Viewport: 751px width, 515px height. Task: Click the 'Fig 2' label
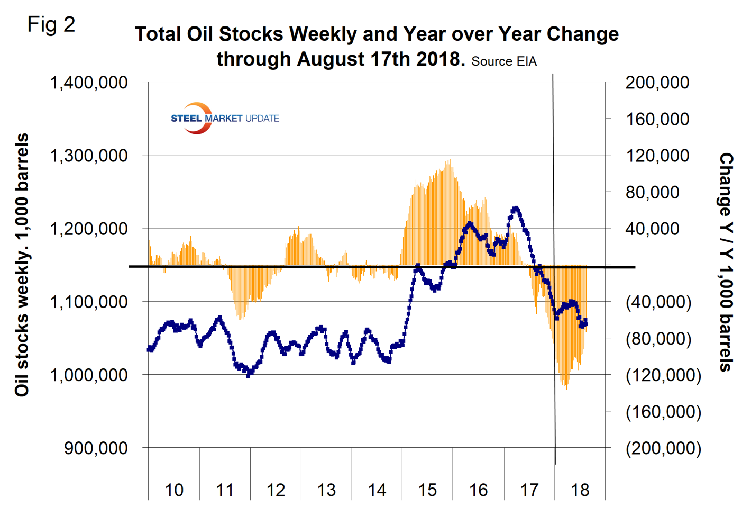[x=51, y=24]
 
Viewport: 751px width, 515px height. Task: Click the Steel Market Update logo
[x=225, y=118]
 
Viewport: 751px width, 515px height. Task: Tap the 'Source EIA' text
[x=503, y=61]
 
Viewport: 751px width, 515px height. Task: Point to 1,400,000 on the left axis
[x=89, y=83]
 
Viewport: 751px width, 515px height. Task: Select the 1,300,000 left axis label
[x=89, y=156]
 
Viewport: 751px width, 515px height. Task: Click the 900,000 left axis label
[x=96, y=448]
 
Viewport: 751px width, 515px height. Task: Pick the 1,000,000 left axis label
[x=89, y=375]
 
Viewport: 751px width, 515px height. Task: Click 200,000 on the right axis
[x=657, y=83]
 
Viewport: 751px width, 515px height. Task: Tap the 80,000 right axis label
[x=652, y=192]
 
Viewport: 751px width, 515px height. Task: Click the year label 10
[x=174, y=490]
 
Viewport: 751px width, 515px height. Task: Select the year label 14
[x=377, y=490]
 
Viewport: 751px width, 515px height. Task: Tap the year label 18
[x=580, y=490]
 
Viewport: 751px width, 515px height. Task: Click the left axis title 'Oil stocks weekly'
[x=22, y=265]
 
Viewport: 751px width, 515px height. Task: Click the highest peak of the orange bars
[x=450, y=160]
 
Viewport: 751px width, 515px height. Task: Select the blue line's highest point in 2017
[x=515, y=209]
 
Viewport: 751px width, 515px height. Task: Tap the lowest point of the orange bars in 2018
[x=566, y=388]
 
